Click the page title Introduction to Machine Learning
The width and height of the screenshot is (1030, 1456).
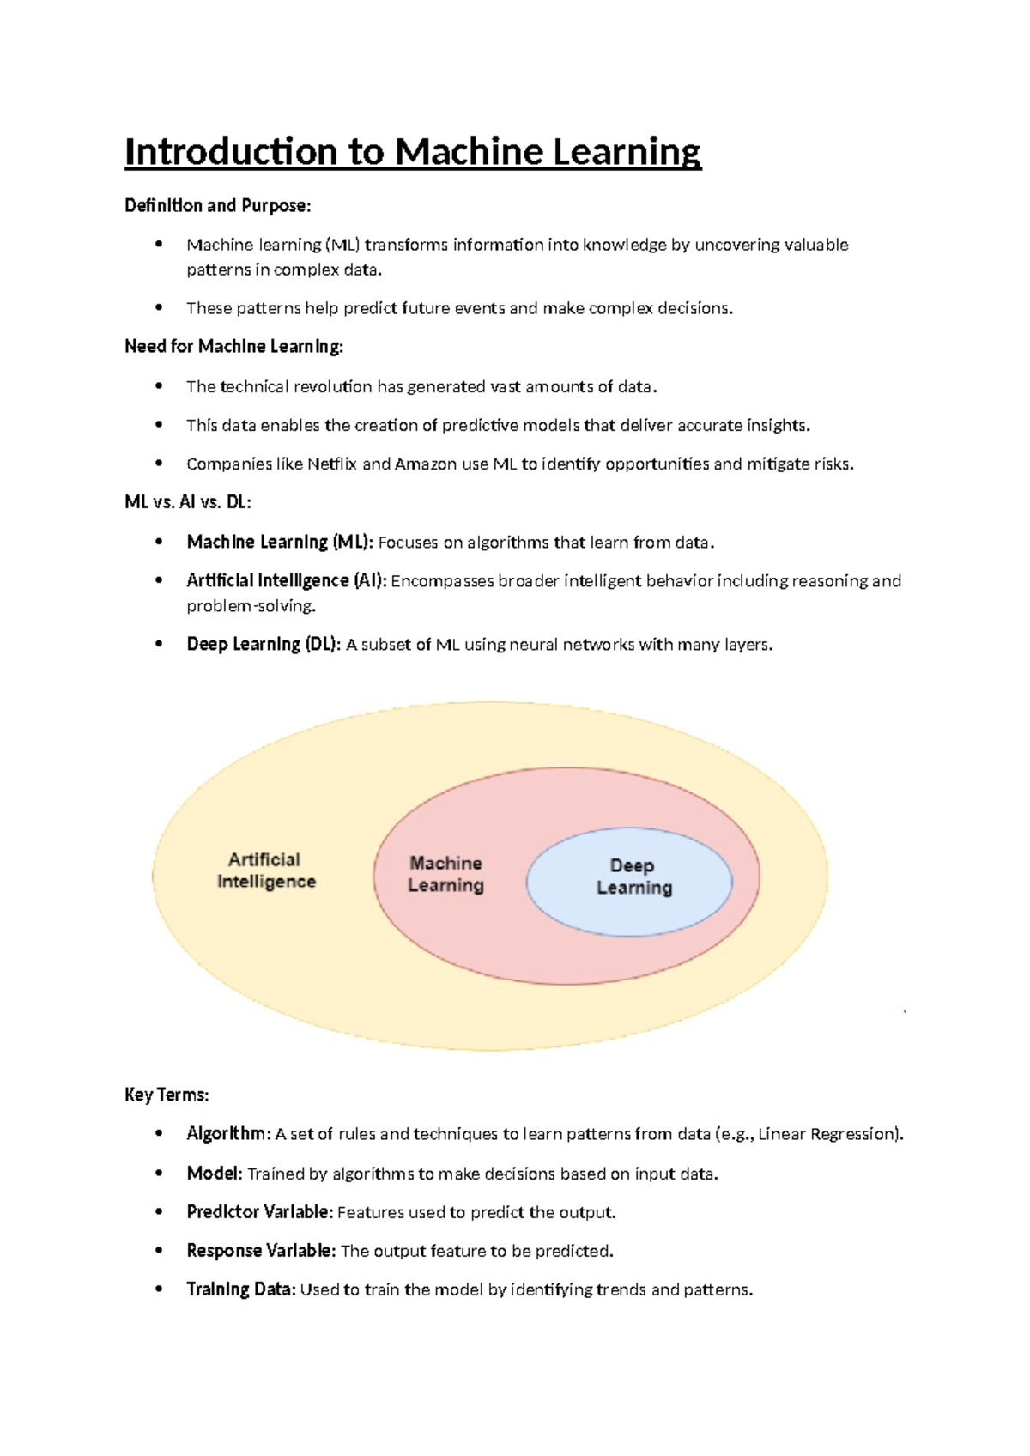click(x=413, y=152)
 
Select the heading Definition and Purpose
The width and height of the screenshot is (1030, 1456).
click(x=218, y=205)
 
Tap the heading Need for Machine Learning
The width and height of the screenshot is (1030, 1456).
click(x=233, y=346)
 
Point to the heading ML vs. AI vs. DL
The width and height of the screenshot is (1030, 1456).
click(x=188, y=502)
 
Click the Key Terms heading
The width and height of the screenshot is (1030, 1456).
click(x=167, y=1095)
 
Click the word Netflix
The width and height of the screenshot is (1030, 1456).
click(x=331, y=464)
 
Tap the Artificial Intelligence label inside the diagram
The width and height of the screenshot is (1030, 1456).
click(x=266, y=871)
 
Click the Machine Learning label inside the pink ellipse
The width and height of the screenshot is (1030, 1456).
click(x=445, y=874)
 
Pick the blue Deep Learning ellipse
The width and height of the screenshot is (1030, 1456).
click(x=629, y=881)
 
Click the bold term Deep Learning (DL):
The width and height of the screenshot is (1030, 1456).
click(x=264, y=644)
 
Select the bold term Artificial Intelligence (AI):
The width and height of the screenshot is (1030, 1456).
click(x=287, y=580)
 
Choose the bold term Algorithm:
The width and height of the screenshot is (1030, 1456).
click(x=228, y=1133)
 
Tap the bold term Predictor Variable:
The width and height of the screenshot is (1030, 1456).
click(x=259, y=1211)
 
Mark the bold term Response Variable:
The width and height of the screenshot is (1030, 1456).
click(x=261, y=1251)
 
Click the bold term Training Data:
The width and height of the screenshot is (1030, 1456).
click(x=241, y=1289)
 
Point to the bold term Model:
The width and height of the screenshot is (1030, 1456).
click(x=215, y=1173)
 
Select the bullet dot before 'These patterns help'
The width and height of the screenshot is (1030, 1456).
click(x=159, y=306)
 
